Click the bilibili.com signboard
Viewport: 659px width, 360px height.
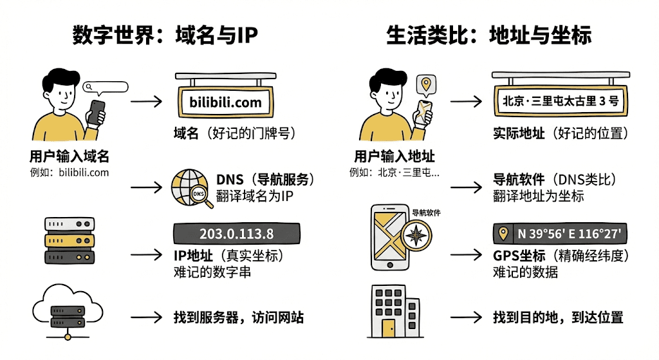pos(226,102)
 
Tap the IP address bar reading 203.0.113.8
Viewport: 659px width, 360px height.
pos(237,233)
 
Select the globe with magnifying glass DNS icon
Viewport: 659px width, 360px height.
pos(192,188)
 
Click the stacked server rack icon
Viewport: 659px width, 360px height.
pos(70,241)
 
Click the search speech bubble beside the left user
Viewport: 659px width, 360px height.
pos(105,88)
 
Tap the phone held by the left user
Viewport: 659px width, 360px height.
pos(96,112)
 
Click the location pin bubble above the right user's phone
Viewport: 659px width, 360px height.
pos(426,84)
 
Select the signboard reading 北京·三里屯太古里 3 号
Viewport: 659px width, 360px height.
pos(561,101)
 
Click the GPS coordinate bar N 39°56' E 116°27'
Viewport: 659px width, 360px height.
pos(560,233)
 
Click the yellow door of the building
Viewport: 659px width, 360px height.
pos(389,328)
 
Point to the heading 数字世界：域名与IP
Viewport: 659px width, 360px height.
pos(165,35)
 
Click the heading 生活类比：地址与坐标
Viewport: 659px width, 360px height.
pos(489,35)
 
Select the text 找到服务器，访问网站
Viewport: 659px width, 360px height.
pos(238,317)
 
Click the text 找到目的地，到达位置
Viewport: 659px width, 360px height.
pos(558,317)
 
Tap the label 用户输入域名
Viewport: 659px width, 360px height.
pos(70,156)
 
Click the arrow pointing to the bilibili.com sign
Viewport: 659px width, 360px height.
pos(146,101)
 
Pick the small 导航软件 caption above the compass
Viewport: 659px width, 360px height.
pos(426,213)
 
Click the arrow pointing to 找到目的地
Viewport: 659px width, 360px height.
pos(466,317)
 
